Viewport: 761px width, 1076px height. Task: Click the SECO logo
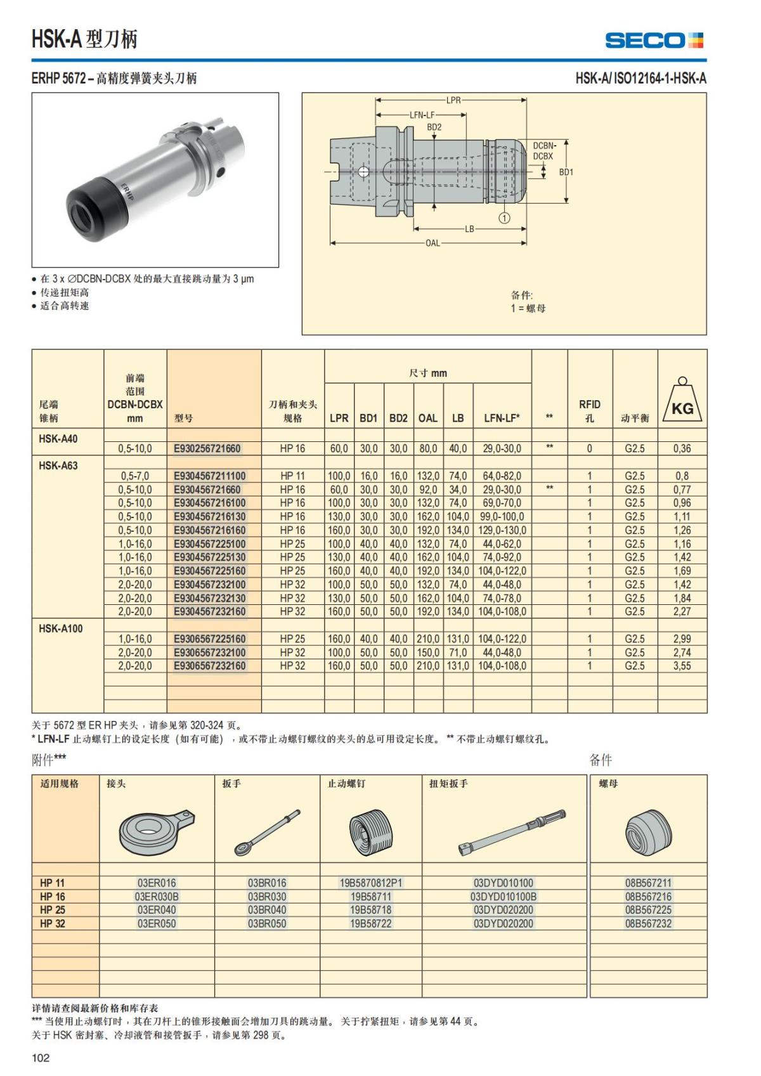click(654, 40)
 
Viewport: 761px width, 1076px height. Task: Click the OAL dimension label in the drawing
click(433, 243)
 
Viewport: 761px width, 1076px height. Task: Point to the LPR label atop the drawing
click(453, 100)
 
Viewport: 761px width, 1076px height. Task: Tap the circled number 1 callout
click(504, 218)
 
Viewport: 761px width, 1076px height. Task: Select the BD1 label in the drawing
click(566, 172)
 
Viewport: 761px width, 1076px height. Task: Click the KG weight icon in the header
click(682, 401)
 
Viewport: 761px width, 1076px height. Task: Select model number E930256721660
click(207, 448)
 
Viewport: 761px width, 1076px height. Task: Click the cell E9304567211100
click(209, 476)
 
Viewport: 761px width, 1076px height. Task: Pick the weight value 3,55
click(682, 666)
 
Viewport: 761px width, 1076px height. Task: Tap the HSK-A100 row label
click(60, 628)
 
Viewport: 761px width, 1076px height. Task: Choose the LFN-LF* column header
click(502, 418)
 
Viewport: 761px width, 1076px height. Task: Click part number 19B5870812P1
click(371, 883)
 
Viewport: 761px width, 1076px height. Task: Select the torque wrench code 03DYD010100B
click(504, 897)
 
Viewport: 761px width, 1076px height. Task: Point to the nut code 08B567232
click(648, 924)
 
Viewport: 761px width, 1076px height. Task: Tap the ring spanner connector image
click(155, 831)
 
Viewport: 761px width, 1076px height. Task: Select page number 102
click(41, 1058)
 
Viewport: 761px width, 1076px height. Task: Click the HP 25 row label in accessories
click(53, 910)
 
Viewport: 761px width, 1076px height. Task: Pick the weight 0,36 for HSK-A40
click(682, 448)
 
